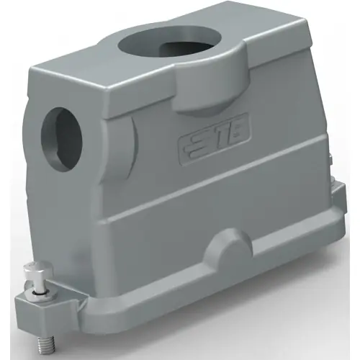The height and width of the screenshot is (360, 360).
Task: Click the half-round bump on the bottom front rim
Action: [227, 248]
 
